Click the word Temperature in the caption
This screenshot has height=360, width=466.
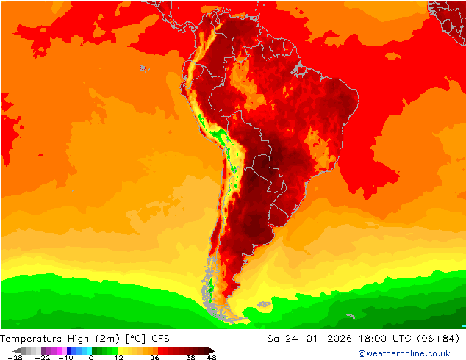click(32, 339)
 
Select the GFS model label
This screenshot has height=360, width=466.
click(161, 339)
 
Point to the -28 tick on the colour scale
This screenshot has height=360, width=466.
click(14, 357)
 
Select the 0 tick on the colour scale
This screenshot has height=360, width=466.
click(90, 357)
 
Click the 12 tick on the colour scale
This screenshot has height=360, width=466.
click(119, 357)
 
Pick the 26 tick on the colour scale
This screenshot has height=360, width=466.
click(154, 357)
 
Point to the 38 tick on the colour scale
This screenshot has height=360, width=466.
click(190, 357)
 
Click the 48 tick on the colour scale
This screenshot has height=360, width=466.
click(212, 357)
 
